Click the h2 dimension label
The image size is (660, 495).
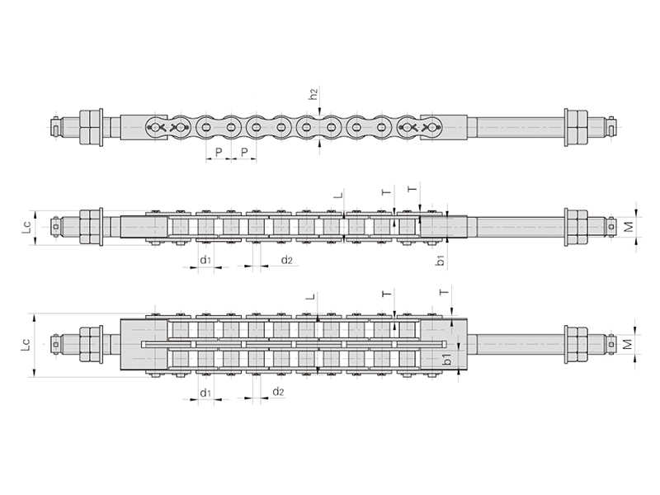(313, 93)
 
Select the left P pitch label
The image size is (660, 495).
(219, 152)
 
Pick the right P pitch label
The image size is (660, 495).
(244, 152)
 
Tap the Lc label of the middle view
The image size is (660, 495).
(27, 228)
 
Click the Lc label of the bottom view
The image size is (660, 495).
(26, 344)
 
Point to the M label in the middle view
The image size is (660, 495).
(628, 228)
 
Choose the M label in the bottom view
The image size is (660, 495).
(627, 344)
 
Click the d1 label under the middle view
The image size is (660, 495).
(205, 260)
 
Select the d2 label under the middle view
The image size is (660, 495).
(286, 260)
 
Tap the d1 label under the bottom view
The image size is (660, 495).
(205, 394)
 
